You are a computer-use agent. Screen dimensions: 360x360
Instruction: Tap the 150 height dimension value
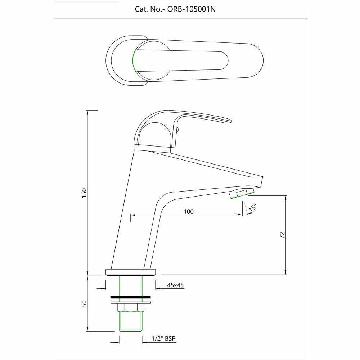tap(85, 192)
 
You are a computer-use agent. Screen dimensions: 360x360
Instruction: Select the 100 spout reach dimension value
tap(189, 212)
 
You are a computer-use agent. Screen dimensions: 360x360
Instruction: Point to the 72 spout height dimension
tap(282, 235)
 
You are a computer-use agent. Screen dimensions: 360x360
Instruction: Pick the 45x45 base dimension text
tap(176, 285)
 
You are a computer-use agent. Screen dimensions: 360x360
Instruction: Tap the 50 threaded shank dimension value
tap(85, 303)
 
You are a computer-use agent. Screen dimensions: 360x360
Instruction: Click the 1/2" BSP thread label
tap(165, 338)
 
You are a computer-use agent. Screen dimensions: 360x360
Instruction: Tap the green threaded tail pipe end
tap(131, 322)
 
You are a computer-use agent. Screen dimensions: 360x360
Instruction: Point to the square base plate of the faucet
tap(131, 271)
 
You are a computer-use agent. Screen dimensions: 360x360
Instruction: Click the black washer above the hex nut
tap(131, 297)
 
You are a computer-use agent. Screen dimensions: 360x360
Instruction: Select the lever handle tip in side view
tap(227, 121)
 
